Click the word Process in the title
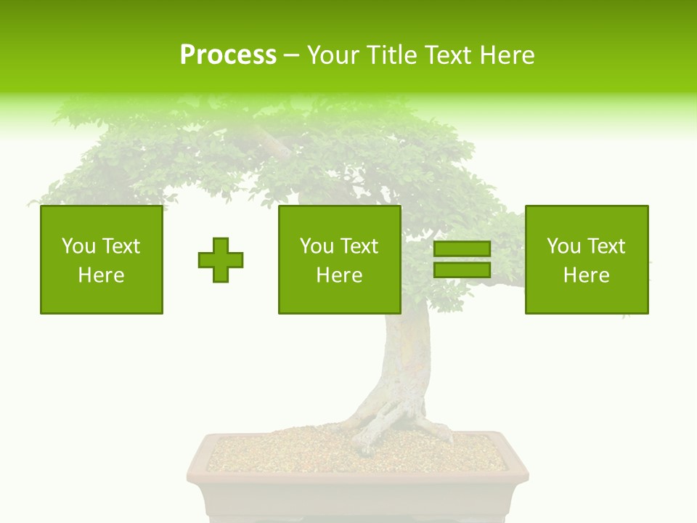(228, 55)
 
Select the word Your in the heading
(335, 55)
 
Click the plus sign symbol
(221, 260)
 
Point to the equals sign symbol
(462, 259)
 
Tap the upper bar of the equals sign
(462, 249)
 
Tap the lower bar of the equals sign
(462, 269)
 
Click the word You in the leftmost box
(78, 246)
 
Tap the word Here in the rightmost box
(587, 275)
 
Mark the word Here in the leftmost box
(102, 275)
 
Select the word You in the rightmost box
(563, 246)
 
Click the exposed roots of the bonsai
(385, 421)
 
